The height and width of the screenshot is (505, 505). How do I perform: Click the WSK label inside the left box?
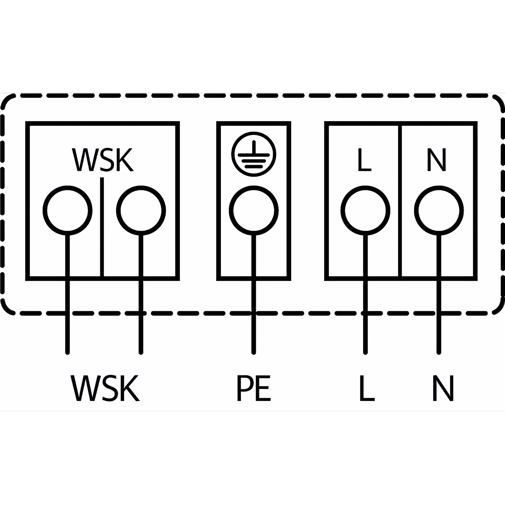(x=103, y=160)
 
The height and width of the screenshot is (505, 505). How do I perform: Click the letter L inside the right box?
(x=364, y=160)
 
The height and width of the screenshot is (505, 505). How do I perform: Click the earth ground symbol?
(x=254, y=155)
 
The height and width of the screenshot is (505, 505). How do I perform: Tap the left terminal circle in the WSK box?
(x=67, y=210)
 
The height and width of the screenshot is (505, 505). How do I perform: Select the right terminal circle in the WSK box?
(x=141, y=210)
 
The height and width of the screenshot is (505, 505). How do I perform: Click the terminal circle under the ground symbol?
(x=254, y=210)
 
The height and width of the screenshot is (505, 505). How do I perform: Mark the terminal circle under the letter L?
(x=365, y=210)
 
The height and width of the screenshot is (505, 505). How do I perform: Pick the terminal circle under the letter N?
(x=439, y=210)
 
